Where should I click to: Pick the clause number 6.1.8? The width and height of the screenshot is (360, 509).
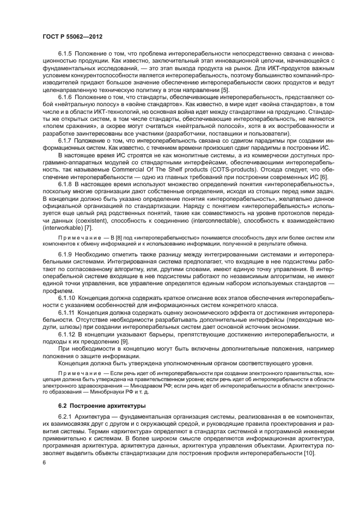(x=66, y=186)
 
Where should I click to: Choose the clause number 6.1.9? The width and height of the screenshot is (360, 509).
(x=66, y=255)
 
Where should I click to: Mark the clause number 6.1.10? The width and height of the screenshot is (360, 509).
(x=68, y=299)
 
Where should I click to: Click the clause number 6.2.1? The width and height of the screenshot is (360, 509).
(x=66, y=418)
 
